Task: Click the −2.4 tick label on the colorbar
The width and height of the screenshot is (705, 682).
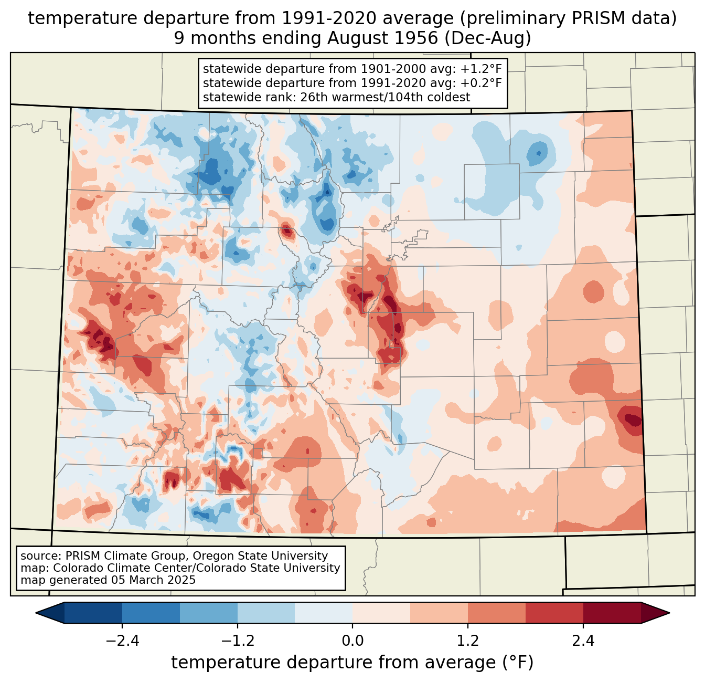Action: click(122, 641)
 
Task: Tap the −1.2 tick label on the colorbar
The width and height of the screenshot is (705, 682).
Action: click(237, 641)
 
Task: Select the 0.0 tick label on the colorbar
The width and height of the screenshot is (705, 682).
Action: click(352, 641)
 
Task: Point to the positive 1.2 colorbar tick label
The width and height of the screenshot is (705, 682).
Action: click(468, 641)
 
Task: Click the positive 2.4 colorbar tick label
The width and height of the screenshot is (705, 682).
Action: click(583, 641)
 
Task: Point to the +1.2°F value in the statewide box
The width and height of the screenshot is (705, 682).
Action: click(482, 69)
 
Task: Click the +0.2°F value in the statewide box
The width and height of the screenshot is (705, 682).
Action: click(482, 83)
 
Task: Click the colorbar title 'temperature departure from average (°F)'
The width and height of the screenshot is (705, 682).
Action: click(352, 663)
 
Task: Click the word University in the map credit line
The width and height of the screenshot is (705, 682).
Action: click(314, 568)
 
